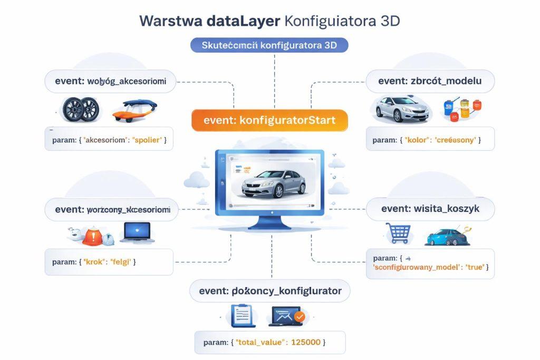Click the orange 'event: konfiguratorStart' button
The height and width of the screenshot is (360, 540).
point(269,120)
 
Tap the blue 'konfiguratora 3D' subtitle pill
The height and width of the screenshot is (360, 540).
point(269,45)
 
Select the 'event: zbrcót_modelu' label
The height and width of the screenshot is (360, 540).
point(430,81)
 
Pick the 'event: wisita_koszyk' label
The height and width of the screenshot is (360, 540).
point(430,209)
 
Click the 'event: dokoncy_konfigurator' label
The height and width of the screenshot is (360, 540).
point(270,290)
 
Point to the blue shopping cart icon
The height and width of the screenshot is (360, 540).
point(399,232)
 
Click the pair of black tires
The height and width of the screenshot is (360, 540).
point(81,108)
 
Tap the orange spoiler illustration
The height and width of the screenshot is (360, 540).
point(134,111)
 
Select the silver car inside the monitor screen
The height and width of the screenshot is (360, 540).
point(273,182)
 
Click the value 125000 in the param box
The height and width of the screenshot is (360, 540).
point(305,342)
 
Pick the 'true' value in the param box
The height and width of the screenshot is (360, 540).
point(475,267)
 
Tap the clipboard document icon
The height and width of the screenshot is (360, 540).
point(242,316)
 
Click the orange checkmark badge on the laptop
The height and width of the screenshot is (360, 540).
point(299,316)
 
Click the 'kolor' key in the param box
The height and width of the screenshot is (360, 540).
point(416,140)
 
